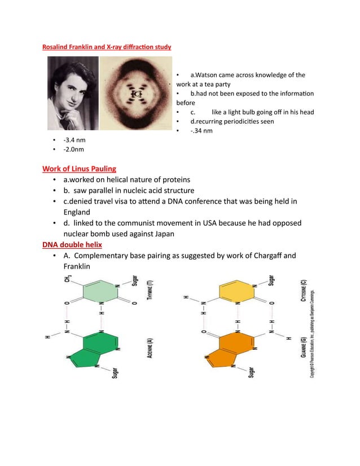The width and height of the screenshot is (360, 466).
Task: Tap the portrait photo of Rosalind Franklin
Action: tap(69, 95)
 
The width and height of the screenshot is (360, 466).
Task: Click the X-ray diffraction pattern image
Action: tap(136, 94)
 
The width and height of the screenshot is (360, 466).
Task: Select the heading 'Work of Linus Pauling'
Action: tap(80, 168)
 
